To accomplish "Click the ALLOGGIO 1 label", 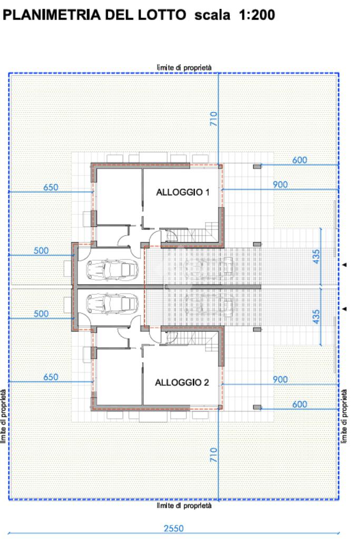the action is [x=182, y=192].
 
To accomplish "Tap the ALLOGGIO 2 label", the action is [x=182, y=382].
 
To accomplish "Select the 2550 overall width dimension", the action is [x=173, y=528].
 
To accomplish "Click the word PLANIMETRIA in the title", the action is [x=52, y=15].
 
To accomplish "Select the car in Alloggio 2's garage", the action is [x=112, y=303].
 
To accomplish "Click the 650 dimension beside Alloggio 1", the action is [x=51, y=188].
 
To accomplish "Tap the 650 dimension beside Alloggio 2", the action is [x=51, y=377].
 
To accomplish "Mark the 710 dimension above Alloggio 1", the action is [x=213, y=119].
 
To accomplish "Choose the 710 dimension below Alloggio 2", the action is [x=213, y=455].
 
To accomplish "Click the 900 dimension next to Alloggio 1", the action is [x=280, y=184].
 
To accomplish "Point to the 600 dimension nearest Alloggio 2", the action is [x=299, y=404].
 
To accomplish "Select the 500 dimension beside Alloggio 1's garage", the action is [x=41, y=251].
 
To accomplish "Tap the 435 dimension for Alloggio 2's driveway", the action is [x=316, y=317].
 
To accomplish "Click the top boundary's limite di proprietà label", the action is [x=184, y=67].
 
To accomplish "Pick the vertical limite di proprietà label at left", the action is [x=4, y=416].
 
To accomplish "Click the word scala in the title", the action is [x=212, y=15].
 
